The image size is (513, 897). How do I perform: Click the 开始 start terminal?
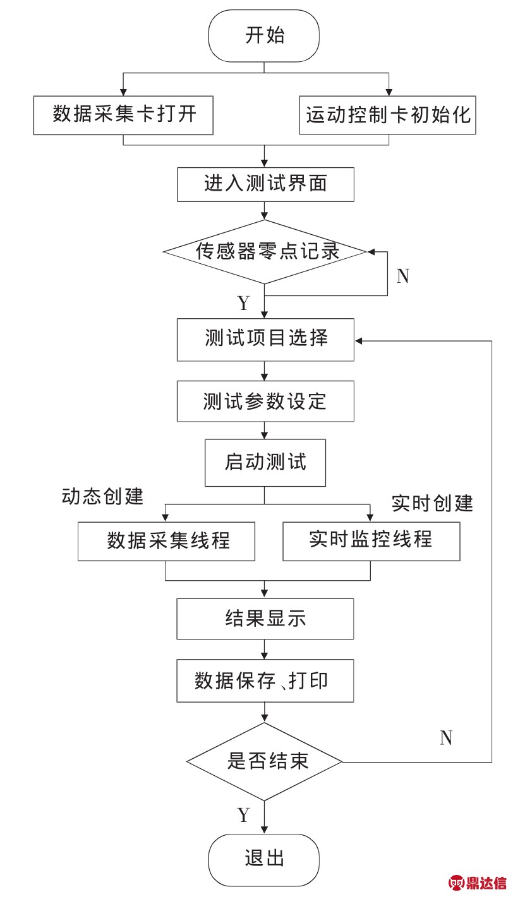[263, 35]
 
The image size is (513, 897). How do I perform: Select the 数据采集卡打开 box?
[123, 116]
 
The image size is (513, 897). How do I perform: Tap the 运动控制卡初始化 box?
[387, 115]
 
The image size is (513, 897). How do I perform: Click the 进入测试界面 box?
[266, 184]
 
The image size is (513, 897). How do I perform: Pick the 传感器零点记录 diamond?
[265, 252]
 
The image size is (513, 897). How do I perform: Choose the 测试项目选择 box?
[266, 340]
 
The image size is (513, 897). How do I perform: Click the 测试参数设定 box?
[266, 401]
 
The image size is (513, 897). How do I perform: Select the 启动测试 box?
[265, 463]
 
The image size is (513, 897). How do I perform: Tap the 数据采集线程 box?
[166, 542]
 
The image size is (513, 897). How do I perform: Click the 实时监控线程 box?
[371, 541]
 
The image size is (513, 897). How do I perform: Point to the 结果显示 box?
[265, 619]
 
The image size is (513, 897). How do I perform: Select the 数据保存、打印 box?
[265, 680]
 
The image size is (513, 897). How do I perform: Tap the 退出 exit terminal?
[263, 860]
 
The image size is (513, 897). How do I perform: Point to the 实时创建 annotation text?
[432, 503]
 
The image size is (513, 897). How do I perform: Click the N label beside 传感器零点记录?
[403, 276]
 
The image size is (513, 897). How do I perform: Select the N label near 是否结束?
[447, 738]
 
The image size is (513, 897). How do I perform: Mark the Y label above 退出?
[244, 815]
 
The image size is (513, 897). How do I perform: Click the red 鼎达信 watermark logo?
[478, 882]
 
